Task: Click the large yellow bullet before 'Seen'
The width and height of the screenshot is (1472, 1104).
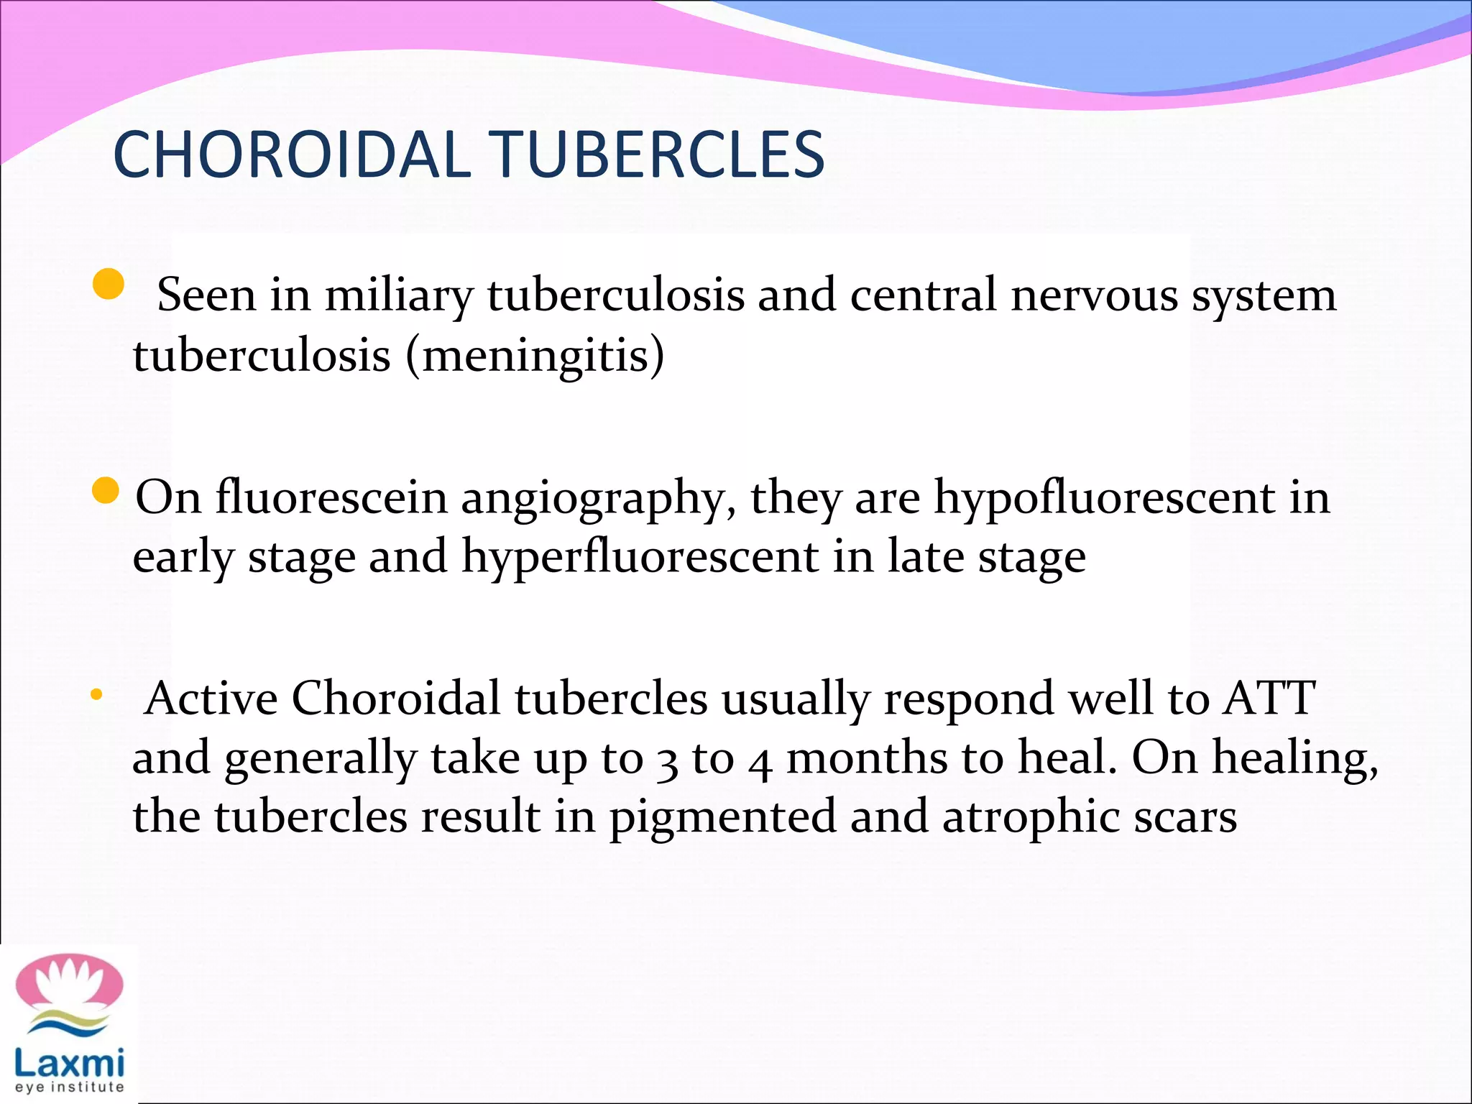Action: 109,284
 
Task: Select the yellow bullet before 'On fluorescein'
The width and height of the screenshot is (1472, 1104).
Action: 106,491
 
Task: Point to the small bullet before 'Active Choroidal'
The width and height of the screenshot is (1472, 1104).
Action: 96,695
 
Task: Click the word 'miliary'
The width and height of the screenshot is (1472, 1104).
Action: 398,295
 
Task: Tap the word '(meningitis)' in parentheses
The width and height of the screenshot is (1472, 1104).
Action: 535,355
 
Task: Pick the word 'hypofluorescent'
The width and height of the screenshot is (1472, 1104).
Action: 1103,498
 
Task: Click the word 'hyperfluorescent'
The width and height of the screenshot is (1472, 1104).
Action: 640,557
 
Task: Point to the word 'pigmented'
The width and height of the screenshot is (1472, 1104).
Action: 722,818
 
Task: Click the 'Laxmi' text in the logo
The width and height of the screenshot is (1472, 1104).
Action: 69,1062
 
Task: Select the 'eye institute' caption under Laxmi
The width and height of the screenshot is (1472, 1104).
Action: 69,1088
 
